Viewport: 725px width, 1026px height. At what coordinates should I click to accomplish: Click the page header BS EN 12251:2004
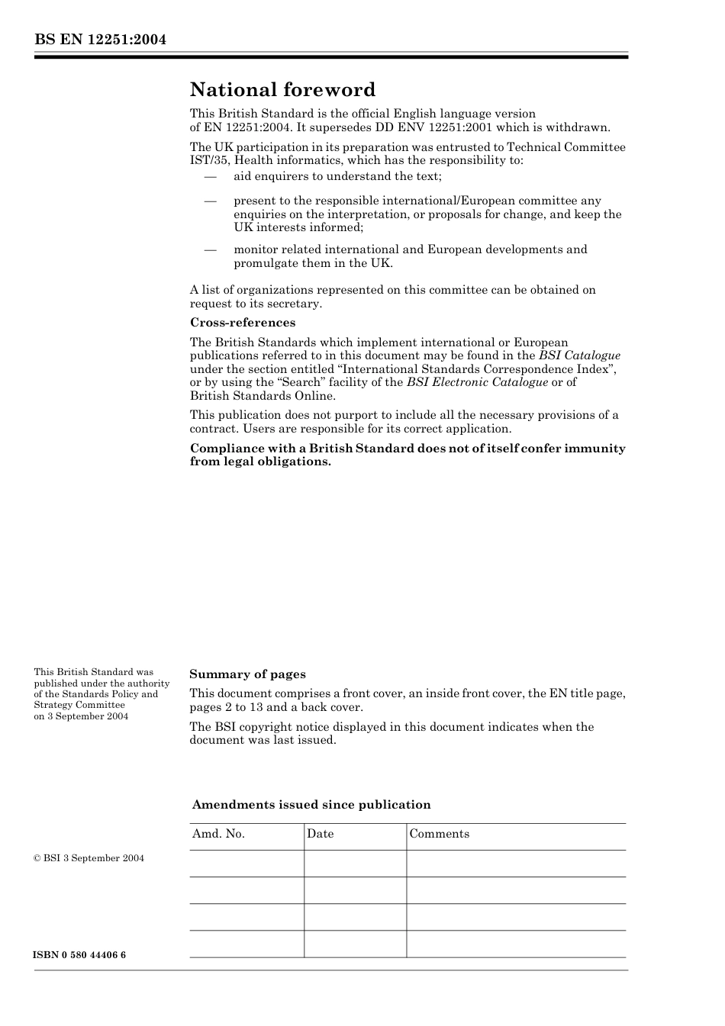click(x=100, y=40)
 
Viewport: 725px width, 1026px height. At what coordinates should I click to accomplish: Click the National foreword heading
click(x=282, y=90)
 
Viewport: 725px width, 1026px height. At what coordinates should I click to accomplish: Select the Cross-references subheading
click(x=243, y=322)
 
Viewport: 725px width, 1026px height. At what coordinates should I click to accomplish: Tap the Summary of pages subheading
click(x=247, y=674)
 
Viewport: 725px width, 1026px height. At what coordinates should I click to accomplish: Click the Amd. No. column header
click(x=218, y=834)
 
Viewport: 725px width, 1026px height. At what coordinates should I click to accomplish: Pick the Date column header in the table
click(x=321, y=834)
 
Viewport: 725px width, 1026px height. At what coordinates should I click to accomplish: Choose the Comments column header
click(x=439, y=834)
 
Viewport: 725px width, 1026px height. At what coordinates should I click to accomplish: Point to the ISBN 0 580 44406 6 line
click(x=80, y=955)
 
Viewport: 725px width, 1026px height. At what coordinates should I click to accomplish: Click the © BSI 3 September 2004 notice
click(x=89, y=858)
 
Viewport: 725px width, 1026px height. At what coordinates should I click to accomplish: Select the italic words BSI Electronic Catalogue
click(x=477, y=382)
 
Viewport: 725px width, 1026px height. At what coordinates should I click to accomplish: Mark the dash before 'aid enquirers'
click(x=210, y=177)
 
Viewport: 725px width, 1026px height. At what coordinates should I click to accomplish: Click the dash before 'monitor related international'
click(x=210, y=249)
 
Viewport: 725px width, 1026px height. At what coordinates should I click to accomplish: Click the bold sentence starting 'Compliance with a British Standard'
click(x=408, y=455)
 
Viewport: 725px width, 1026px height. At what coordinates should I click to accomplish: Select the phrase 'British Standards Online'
click(x=262, y=396)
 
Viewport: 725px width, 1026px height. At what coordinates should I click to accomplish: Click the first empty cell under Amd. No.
click(x=246, y=864)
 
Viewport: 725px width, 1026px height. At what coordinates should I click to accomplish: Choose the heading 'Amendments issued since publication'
click(x=311, y=805)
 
